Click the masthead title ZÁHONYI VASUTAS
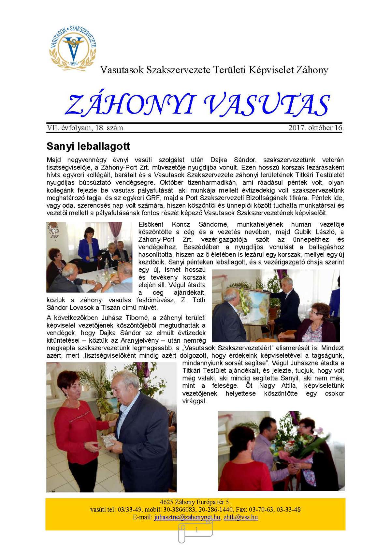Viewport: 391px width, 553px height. pyautogui.click(x=197, y=105)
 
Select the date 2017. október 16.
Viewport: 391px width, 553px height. pyautogui.click(x=316, y=128)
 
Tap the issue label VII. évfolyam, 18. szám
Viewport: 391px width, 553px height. pyautogui.click(x=85, y=128)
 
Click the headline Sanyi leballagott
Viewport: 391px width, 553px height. pyautogui.click(x=88, y=146)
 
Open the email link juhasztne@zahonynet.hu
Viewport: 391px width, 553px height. pyautogui.click(x=187, y=517)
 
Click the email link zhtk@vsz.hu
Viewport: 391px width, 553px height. pyautogui.click(x=241, y=517)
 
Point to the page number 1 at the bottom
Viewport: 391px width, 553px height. pyautogui.click(x=196, y=530)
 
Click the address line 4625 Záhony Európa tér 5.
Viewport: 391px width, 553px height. pyautogui.click(x=195, y=502)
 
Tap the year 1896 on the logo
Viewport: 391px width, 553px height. pyautogui.click(x=74, y=63)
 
